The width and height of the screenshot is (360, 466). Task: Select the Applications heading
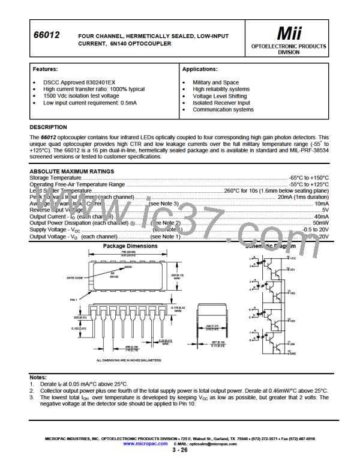(199, 69)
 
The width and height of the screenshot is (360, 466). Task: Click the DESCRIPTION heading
(48, 127)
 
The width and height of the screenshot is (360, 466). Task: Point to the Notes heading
(40, 377)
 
